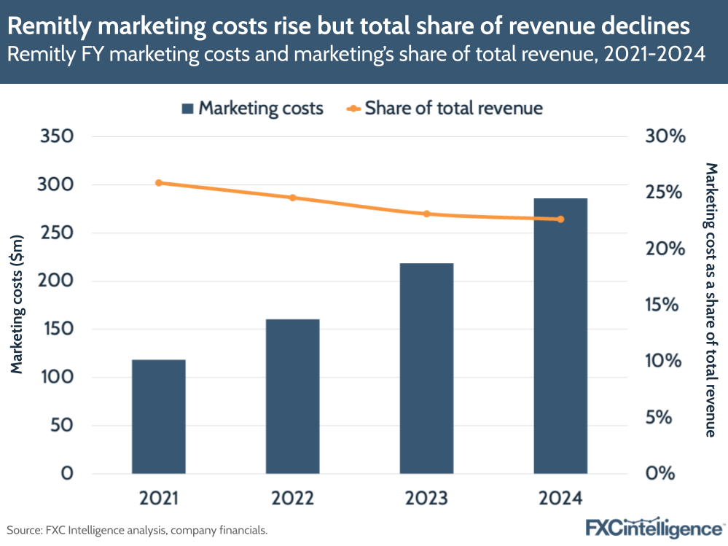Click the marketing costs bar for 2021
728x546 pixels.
[159, 416]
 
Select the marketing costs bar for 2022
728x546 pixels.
[293, 396]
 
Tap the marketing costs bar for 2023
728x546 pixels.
[427, 368]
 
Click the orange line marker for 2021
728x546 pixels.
[159, 183]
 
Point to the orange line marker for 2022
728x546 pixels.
[293, 198]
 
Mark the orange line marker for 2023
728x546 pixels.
[427, 214]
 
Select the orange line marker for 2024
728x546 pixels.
[560, 219]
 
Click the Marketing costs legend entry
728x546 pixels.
[251, 109]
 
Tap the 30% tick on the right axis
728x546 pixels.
[665, 136]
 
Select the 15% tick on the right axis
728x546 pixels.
[665, 305]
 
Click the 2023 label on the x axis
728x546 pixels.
[427, 499]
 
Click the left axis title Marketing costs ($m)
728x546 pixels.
[17, 304]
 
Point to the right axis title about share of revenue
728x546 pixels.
[711, 300]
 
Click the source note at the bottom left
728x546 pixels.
[137, 530]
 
